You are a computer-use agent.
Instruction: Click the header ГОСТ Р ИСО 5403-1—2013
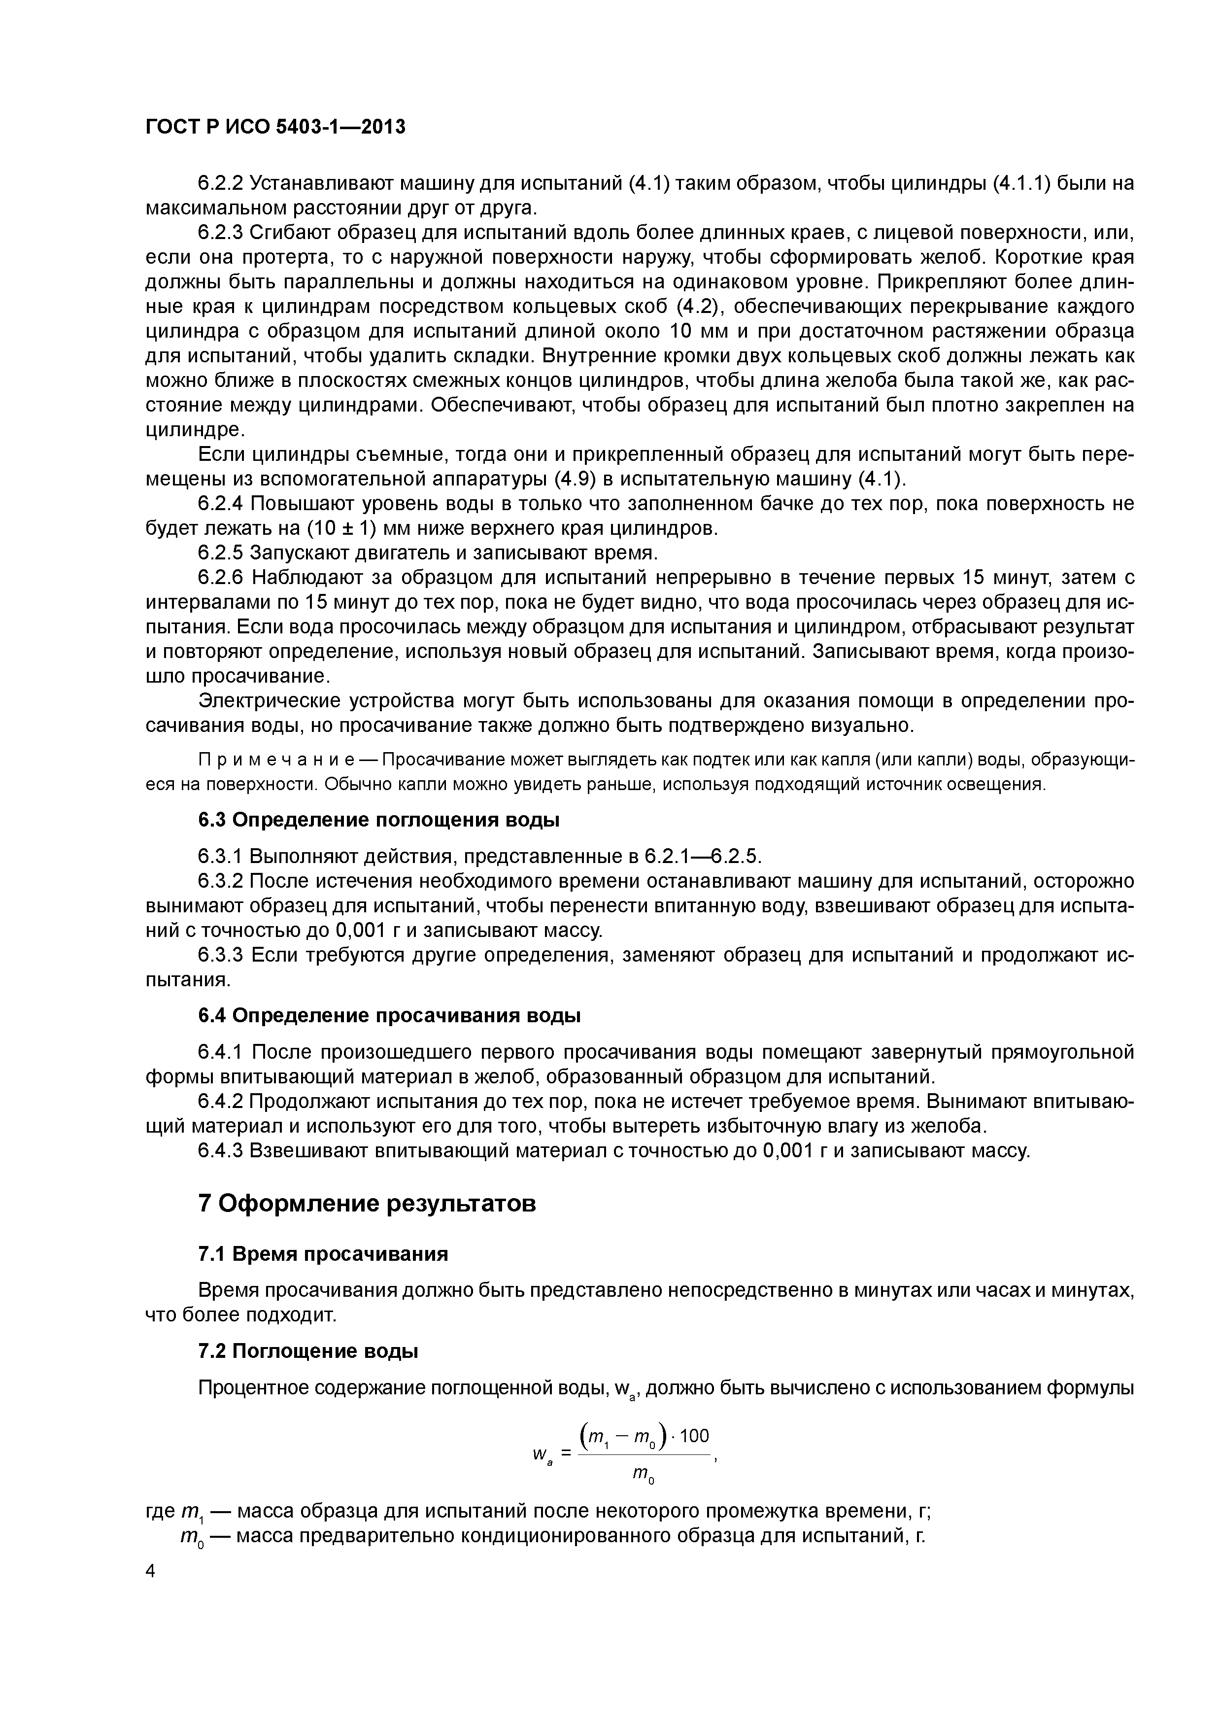(275, 127)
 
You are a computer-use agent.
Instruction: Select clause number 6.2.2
(221, 183)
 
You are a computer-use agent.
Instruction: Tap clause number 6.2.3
(221, 233)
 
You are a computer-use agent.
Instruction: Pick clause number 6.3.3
(221, 956)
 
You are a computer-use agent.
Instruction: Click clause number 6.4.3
(221, 1151)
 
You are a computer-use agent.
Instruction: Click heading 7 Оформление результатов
(367, 1204)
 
